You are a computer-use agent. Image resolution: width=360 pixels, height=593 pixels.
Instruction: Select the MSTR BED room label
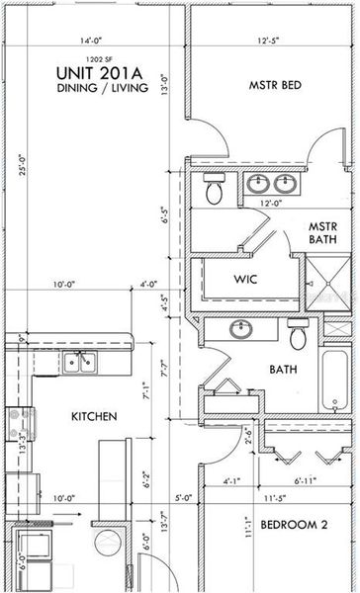point(275,86)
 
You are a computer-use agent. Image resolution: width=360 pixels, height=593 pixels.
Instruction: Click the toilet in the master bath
point(214,189)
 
